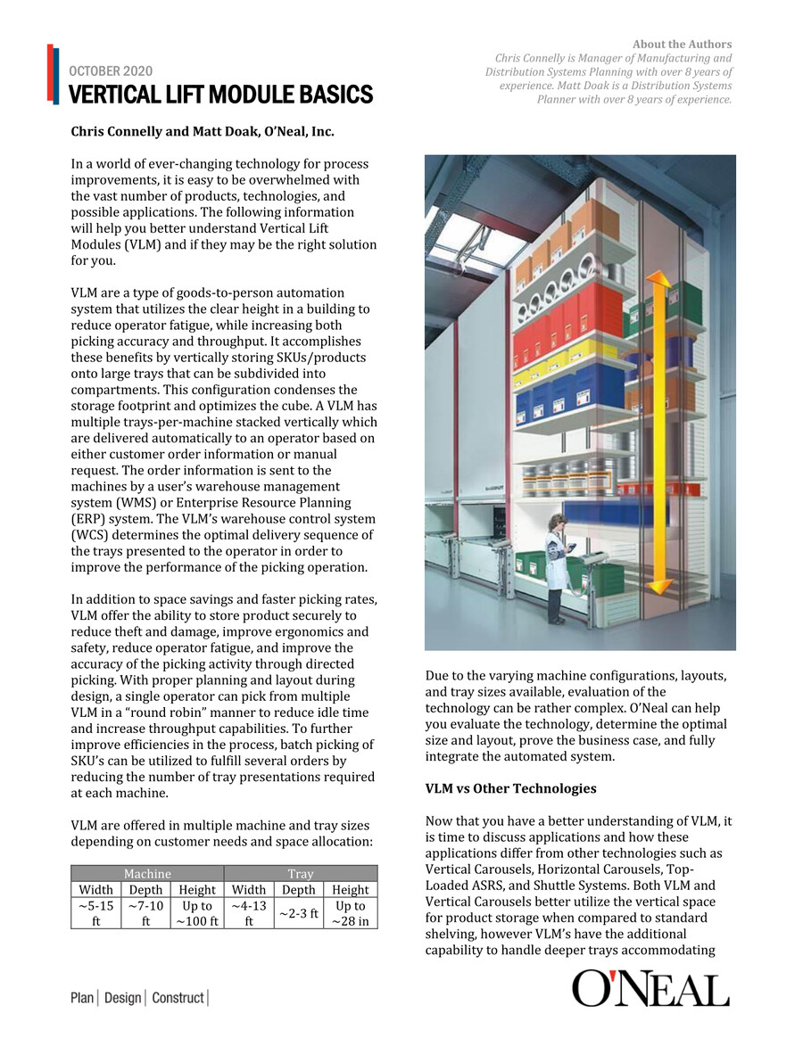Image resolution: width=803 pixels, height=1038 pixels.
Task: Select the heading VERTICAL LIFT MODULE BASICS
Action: click(220, 95)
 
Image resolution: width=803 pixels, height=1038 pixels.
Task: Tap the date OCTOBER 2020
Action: click(111, 71)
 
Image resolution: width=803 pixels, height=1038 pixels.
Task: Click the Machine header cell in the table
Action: click(147, 874)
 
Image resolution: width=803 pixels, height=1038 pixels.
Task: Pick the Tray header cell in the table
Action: click(300, 874)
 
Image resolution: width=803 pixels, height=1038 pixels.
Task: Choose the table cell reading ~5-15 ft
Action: click(95, 912)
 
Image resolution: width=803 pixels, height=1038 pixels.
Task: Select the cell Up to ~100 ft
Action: click(197, 912)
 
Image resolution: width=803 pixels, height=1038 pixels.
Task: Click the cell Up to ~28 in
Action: click(350, 912)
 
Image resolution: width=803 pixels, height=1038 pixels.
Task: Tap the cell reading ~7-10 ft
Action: click(145, 912)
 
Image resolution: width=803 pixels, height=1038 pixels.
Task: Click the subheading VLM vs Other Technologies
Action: click(510, 788)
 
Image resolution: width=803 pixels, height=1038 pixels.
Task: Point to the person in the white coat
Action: click(556, 566)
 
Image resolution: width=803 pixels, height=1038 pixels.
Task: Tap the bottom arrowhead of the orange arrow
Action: click(659, 584)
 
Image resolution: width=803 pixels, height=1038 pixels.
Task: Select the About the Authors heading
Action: click(682, 45)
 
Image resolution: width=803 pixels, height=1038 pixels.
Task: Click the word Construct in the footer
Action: click(178, 998)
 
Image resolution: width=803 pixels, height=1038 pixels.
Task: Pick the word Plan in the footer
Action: click(83, 998)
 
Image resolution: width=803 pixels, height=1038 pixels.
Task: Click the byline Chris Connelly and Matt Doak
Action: click(203, 132)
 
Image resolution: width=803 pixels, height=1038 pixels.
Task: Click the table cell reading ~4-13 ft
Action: click(248, 912)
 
